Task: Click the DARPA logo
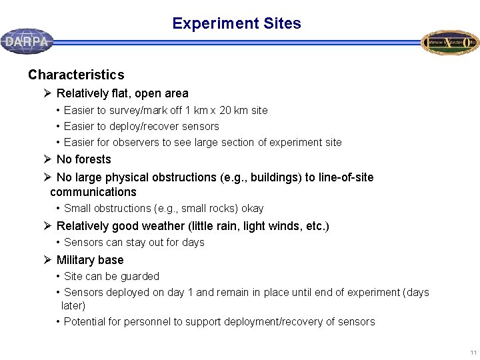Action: (27, 41)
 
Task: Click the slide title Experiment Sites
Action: (236, 23)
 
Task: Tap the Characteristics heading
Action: (76, 75)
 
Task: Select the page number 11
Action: (473, 352)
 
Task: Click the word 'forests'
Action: (93, 159)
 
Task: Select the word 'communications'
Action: (93, 192)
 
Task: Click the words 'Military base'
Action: (90, 260)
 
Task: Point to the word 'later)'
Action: (73, 305)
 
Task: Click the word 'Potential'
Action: (85, 321)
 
